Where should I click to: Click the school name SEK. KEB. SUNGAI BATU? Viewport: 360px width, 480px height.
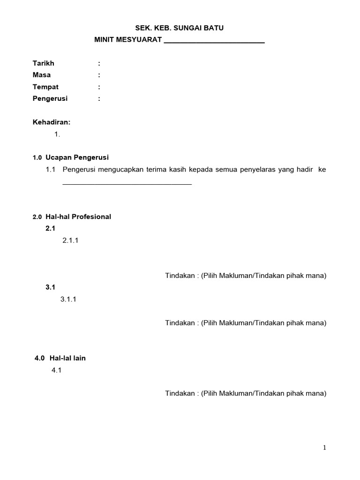(x=180, y=28)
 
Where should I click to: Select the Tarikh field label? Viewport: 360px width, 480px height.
(x=44, y=63)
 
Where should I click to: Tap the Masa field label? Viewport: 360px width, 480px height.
(x=42, y=75)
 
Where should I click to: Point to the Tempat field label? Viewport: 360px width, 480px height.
(x=45, y=87)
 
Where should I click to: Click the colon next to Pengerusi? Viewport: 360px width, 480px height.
(x=99, y=98)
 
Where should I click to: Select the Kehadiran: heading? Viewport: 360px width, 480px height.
(x=51, y=122)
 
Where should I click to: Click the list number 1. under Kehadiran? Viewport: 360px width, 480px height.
(x=57, y=134)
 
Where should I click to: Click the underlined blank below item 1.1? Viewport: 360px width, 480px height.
(x=127, y=183)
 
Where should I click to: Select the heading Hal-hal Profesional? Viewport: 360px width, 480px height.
(x=78, y=217)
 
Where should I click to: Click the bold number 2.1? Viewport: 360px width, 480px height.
(x=50, y=228)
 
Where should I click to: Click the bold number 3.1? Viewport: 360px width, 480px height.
(x=50, y=287)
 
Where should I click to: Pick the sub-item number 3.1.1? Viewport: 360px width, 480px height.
(x=68, y=299)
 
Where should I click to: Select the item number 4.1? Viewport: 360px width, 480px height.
(x=57, y=370)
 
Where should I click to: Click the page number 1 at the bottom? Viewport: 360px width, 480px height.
(x=324, y=448)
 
